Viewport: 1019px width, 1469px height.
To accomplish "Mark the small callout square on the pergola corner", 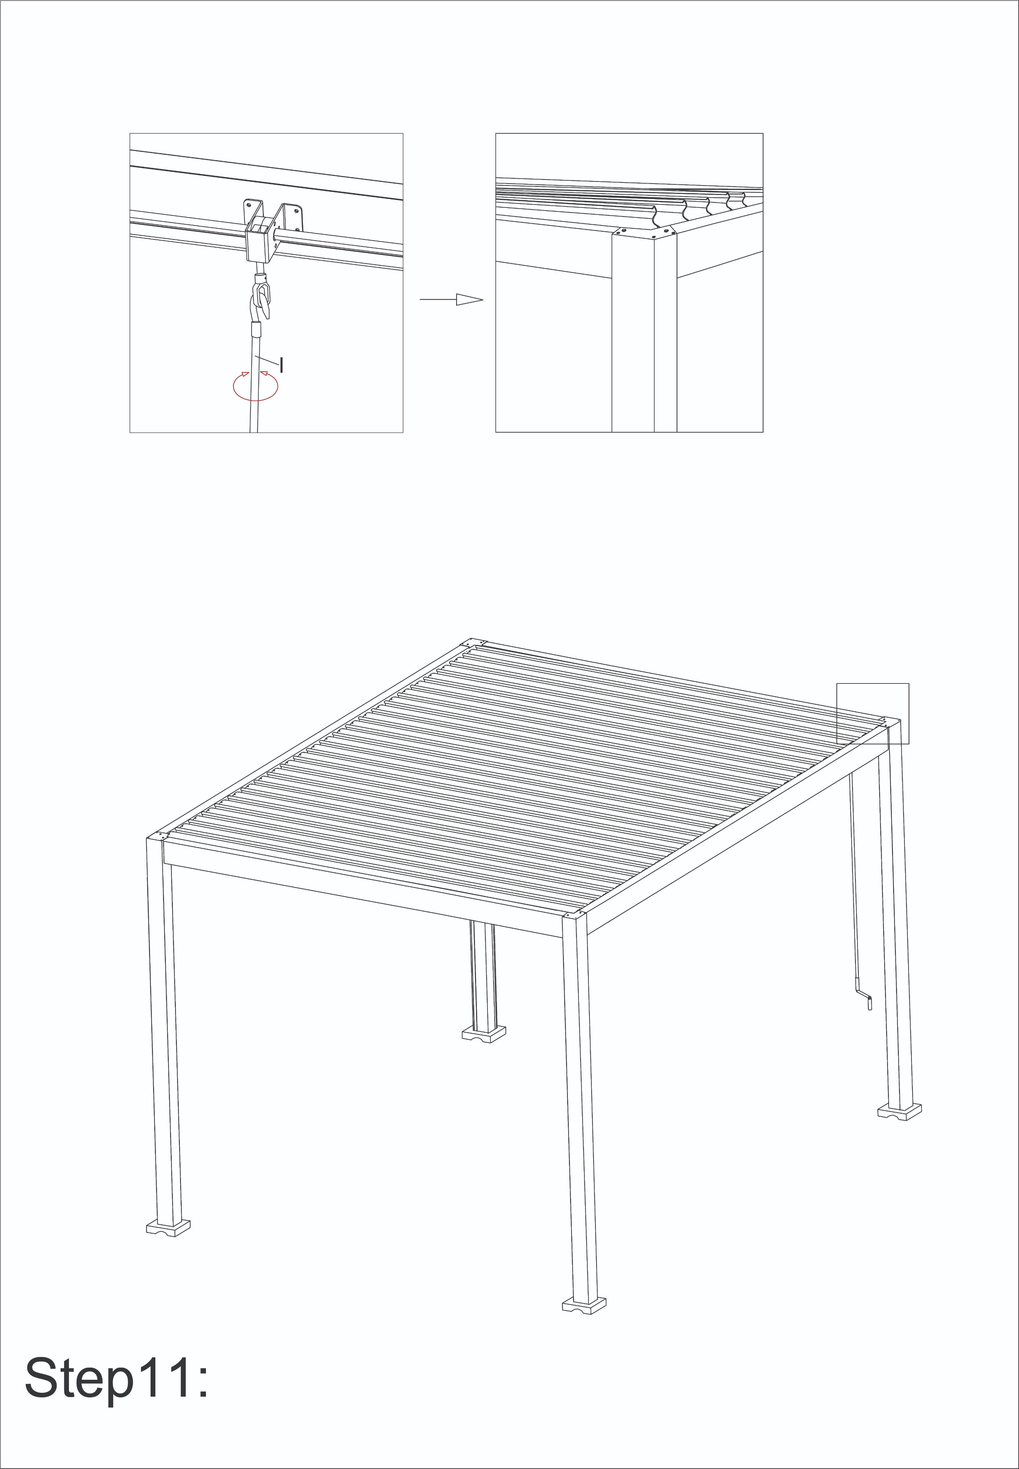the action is tap(873, 714).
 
